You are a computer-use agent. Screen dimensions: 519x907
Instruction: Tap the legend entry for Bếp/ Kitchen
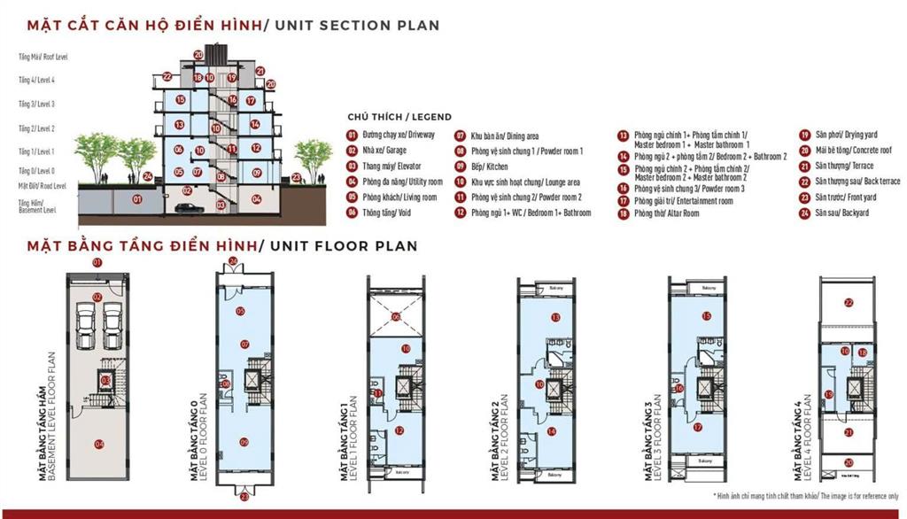click(490, 166)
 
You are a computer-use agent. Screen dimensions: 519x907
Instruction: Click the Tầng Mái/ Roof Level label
click(43, 57)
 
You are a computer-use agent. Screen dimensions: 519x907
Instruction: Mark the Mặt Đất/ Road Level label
click(43, 186)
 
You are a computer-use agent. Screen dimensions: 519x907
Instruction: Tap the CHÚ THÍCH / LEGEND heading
click(399, 117)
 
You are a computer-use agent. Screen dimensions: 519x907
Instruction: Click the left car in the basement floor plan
click(86, 327)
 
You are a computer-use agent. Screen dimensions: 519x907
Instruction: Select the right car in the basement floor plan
click(112, 327)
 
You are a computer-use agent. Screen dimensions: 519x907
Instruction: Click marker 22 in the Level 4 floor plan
click(848, 303)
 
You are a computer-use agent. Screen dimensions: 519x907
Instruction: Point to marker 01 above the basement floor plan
click(98, 263)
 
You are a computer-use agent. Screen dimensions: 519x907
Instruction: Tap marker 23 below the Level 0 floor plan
click(244, 498)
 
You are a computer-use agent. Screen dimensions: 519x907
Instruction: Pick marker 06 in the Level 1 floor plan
click(396, 316)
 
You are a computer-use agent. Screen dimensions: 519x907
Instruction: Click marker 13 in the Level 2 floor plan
click(555, 316)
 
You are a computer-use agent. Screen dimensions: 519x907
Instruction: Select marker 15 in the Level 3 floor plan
click(706, 316)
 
